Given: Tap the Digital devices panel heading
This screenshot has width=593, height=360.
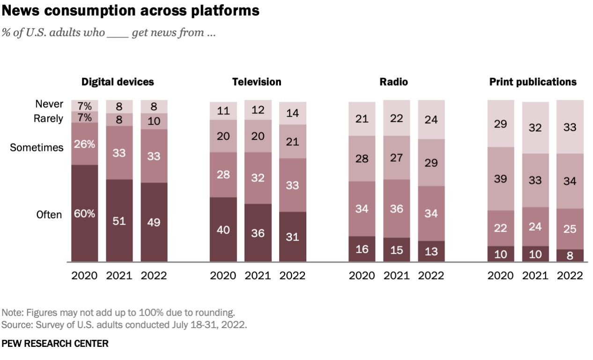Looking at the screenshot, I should click(x=118, y=82).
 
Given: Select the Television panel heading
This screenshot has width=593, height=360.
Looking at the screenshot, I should click(x=257, y=82).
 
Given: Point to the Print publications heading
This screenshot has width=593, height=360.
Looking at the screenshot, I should click(x=533, y=82).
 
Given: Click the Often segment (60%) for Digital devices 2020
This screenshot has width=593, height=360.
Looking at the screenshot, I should click(x=85, y=213).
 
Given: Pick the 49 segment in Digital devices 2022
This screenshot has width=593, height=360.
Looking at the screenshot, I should click(x=154, y=222).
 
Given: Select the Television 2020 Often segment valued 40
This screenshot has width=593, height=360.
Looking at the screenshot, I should click(x=223, y=229).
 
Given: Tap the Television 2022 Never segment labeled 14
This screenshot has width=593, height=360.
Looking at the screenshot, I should click(x=292, y=113).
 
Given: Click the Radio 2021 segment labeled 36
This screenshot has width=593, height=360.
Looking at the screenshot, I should click(x=396, y=209).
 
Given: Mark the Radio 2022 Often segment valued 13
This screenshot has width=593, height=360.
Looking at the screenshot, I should click(x=431, y=251).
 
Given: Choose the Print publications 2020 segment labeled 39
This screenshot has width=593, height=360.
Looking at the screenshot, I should click(x=501, y=179).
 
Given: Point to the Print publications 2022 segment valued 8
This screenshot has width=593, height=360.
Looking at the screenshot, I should click(x=570, y=255).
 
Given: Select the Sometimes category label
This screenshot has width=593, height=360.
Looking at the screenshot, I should click(x=37, y=148).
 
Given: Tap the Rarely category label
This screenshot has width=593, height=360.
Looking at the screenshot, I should click(x=48, y=119).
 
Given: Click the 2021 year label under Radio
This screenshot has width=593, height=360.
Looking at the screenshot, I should click(x=396, y=275).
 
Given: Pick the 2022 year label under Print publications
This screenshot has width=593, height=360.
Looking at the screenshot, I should click(x=570, y=275).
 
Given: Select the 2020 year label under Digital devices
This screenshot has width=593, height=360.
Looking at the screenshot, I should click(x=84, y=275).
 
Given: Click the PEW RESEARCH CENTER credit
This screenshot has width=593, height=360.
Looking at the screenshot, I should click(x=55, y=344).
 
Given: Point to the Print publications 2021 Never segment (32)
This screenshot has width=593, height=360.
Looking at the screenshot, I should click(x=535, y=127).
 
